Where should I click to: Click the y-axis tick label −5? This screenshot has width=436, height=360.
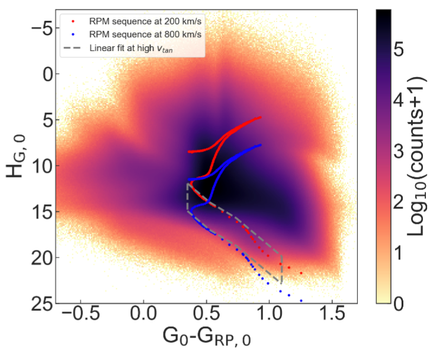40,28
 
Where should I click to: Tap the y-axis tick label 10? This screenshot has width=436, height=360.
40,166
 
